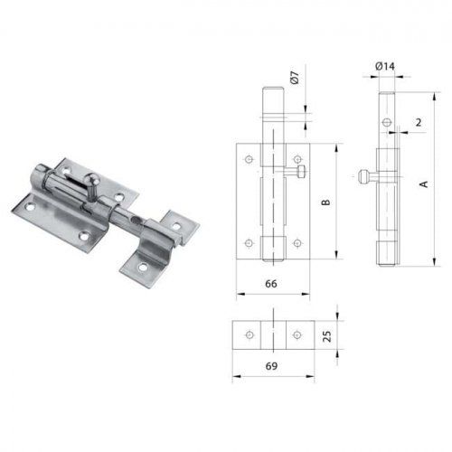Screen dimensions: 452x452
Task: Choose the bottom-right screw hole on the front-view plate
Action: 297,243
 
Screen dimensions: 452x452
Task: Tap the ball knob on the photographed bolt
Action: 93,179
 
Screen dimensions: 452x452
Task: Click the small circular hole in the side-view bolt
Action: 387,121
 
